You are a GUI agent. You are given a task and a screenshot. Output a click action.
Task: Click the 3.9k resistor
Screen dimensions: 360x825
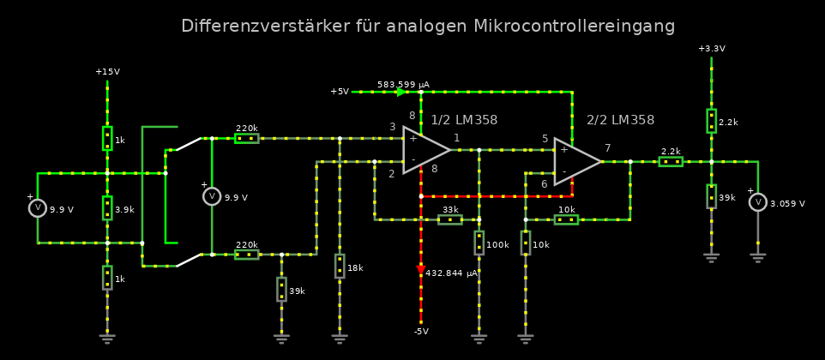coord(107,207)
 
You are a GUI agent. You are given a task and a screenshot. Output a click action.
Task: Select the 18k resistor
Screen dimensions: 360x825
coord(340,267)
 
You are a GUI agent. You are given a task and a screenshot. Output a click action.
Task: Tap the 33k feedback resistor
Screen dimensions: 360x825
coord(450,219)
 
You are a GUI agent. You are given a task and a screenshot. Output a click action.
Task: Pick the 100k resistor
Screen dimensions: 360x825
coord(479,243)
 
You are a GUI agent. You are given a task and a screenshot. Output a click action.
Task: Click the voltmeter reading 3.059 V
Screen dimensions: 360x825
coord(757,202)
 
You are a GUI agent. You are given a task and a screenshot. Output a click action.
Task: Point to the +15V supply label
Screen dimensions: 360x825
coord(107,72)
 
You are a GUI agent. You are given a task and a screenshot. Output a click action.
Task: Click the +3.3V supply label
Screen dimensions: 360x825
coord(711,49)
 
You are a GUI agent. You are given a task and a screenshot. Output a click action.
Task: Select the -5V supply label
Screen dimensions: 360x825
coord(421,331)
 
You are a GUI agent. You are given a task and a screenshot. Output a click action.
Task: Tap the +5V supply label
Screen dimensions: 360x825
coord(340,92)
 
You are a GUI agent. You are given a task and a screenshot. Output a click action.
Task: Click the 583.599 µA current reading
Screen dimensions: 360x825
coord(403,84)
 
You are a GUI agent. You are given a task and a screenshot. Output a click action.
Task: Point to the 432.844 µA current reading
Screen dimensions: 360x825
coord(451,273)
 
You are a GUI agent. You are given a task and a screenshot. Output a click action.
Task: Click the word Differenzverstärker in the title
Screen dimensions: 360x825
coord(265,27)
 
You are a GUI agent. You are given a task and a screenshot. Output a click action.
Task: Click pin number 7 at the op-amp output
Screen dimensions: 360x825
coord(607,148)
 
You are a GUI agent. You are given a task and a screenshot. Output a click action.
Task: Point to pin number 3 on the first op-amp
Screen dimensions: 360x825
coord(392,127)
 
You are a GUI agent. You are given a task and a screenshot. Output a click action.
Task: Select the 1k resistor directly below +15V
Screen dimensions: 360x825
coord(107,138)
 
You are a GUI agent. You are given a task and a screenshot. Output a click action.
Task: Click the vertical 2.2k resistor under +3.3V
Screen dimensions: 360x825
coord(711,121)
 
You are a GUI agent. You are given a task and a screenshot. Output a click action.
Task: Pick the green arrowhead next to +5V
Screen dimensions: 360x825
coord(400,92)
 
